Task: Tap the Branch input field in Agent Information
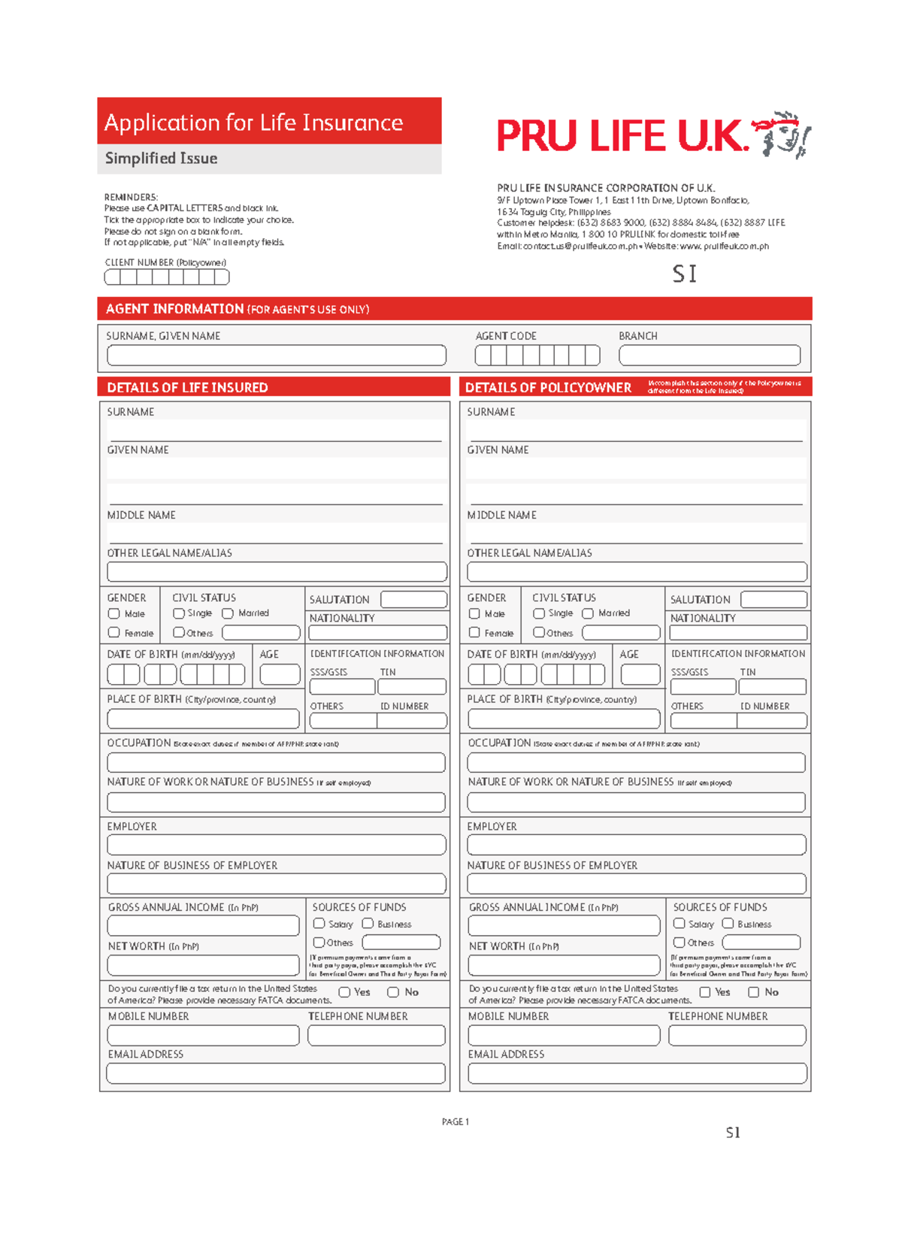click(x=709, y=355)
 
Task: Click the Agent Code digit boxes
click(x=537, y=355)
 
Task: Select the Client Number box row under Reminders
click(x=166, y=277)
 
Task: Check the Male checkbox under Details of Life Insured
click(x=114, y=613)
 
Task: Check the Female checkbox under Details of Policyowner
click(x=474, y=633)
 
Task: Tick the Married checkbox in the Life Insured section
click(x=228, y=613)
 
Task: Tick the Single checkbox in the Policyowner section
click(x=539, y=613)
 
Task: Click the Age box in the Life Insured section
click(x=280, y=674)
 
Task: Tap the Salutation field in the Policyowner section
click(x=773, y=599)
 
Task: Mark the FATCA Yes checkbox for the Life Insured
click(x=344, y=992)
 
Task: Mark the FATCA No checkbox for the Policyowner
click(x=753, y=992)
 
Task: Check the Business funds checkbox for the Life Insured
click(x=368, y=923)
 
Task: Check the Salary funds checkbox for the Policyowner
click(x=680, y=923)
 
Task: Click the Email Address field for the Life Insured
click(x=276, y=1073)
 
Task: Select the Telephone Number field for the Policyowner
click(x=737, y=1035)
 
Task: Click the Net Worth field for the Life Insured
click(x=203, y=964)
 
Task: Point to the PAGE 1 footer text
click(x=455, y=1121)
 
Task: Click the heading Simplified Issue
click(x=162, y=159)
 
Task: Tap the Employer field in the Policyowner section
click(x=636, y=845)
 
